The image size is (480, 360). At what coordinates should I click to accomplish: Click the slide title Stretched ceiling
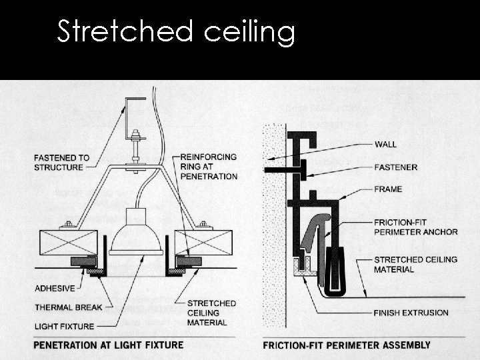tap(175, 31)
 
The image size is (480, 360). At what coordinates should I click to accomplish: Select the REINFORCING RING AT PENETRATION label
tap(209, 167)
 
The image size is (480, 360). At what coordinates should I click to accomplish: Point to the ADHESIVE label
tap(55, 289)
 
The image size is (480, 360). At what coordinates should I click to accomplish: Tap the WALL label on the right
tap(385, 144)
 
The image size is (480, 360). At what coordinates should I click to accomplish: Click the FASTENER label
tap(397, 167)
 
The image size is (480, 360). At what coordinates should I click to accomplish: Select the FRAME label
tap(388, 189)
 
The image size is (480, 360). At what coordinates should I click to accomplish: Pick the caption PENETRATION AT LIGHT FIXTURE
tap(108, 345)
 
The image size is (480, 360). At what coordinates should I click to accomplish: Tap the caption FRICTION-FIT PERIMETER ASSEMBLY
tap(347, 345)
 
